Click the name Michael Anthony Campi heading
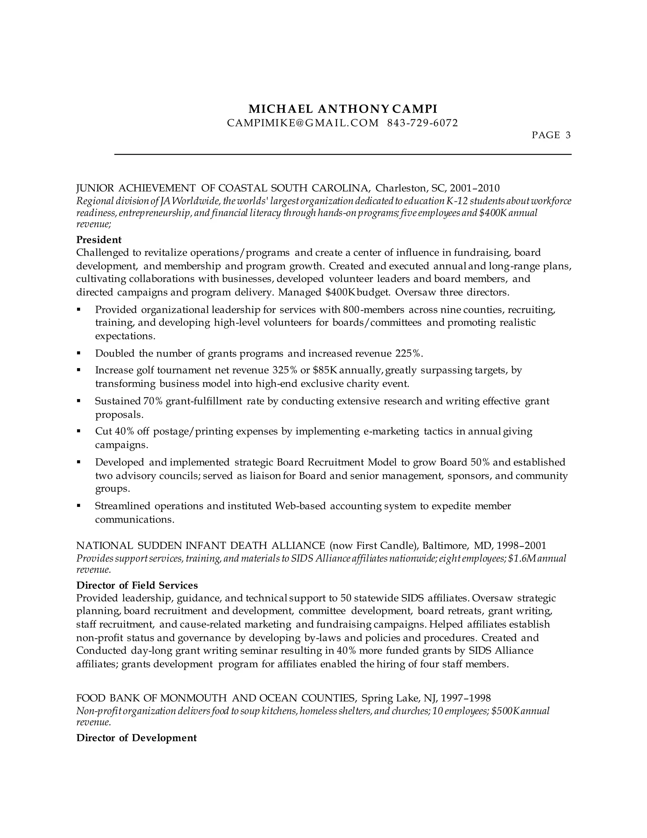(343, 109)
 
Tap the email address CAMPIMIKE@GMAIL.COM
(303, 123)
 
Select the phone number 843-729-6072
(422, 123)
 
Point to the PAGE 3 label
(551, 135)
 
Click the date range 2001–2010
(475, 188)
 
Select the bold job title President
(99, 240)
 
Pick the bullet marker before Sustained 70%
(79, 401)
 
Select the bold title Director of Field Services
(137, 585)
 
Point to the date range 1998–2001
(522, 545)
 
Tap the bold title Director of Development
(136, 738)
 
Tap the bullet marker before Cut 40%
(79, 431)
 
